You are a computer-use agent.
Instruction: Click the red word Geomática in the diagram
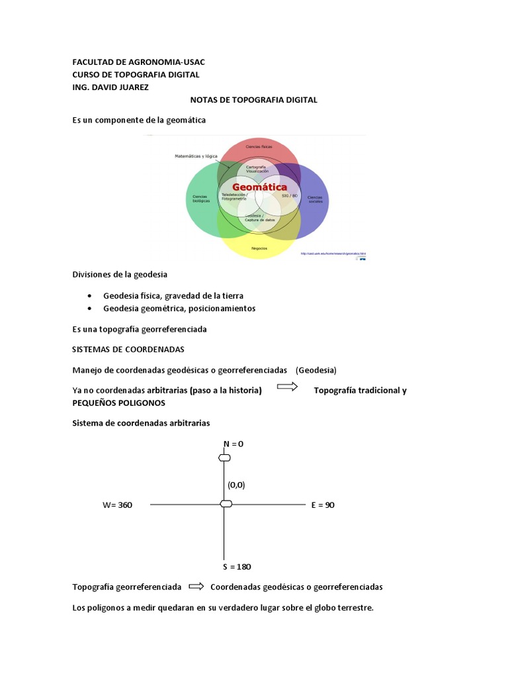click(255, 187)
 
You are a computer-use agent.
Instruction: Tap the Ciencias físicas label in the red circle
click(259, 144)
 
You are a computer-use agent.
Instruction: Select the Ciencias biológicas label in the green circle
click(200, 198)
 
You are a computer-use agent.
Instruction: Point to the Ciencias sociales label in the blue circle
click(315, 199)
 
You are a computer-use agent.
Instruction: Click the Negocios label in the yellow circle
click(259, 248)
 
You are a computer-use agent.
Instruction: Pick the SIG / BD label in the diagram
click(290, 196)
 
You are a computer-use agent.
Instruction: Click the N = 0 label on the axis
click(233, 444)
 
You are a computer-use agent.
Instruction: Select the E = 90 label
click(323, 505)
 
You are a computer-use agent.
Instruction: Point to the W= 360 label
click(117, 505)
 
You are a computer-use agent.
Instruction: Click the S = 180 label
click(237, 567)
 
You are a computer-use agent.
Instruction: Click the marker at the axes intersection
click(226, 505)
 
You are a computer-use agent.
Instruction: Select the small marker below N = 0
click(225, 458)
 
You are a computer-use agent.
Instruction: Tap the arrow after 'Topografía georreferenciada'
click(196, 586)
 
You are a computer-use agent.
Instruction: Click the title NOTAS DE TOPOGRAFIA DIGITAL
click(254, 100)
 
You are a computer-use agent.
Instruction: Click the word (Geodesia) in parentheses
click(316, 370)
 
